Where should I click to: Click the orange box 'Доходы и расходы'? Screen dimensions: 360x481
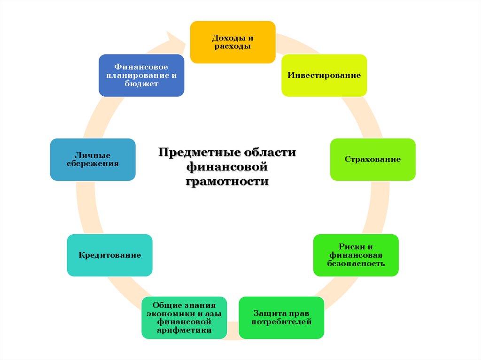tap(233, 42)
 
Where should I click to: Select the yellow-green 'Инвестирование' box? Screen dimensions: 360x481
tap(324, 75)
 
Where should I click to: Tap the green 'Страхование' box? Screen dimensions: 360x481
tap(372, 160)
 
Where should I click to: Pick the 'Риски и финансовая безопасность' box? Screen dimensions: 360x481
tap(356, 255)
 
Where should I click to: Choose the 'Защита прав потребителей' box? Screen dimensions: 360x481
tap(281, 318)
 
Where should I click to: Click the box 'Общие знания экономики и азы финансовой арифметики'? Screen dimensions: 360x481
tap(184, 318)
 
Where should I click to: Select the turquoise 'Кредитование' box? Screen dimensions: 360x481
tap(109, 255)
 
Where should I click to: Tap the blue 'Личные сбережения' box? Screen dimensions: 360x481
tap(93, 160)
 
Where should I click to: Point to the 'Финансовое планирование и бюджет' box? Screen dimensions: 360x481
tap(141, 76)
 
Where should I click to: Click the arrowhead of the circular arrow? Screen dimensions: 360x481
tap(178, 39)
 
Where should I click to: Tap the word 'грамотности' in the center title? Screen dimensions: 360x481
tap(227, 182)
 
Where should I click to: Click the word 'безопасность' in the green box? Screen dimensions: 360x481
tap(356, 263)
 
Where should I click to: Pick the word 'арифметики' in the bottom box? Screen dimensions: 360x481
tap(184, 331)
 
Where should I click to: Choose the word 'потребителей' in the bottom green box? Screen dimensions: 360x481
tap(281, 322)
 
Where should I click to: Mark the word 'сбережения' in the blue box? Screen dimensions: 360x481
tap(93, 164)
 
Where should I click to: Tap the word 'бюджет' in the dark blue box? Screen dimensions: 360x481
tap(141, 84)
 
